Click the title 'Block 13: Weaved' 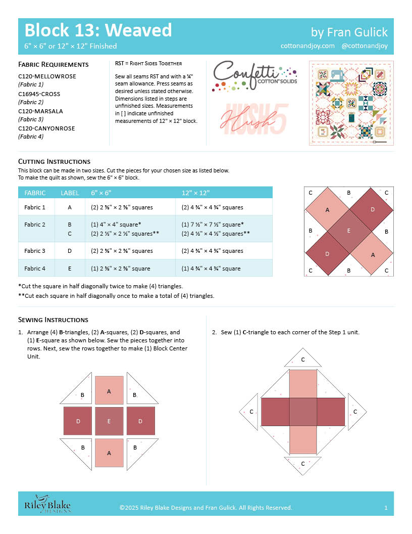point(98,30)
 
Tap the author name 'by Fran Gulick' point(349,32)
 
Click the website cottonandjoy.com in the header point(307,46)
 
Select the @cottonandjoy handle point(365,46)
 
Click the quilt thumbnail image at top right point(351,104)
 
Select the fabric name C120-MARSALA point(40,111)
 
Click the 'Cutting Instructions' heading point(54,161)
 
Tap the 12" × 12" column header point(196,193)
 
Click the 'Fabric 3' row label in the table point(35,251)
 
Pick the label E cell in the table point(70,269)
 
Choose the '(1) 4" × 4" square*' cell point(116,224)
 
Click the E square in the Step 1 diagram point(109,421)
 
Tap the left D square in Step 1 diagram point(78,421)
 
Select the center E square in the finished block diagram point(348,232)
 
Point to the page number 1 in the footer point(386,507)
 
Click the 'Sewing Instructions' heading point(53,320)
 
